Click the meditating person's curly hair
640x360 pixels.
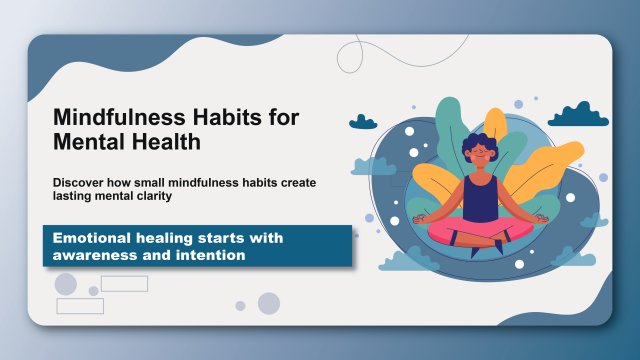point(480,144)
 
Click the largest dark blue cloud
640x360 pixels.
point(578,115)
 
